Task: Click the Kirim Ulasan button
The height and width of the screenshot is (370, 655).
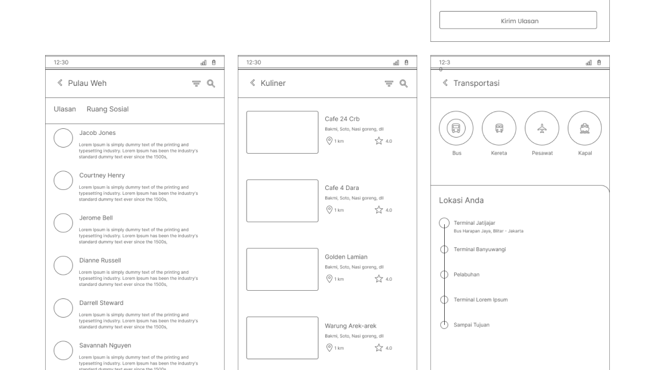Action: (x=518, y=20)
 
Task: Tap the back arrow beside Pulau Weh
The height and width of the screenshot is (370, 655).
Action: (x=60, y=83)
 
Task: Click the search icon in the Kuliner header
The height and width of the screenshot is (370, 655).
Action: (x=403, y=84)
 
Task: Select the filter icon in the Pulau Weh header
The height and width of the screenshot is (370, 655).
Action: (x=197, y=84)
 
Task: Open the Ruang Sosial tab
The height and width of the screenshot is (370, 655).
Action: (x=107, y=109)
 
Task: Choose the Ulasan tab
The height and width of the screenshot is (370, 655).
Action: (x=65, y=109)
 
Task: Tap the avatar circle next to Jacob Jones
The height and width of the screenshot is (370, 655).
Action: (x=63, y=138)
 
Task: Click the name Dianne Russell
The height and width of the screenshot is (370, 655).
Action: (x=100, y=260)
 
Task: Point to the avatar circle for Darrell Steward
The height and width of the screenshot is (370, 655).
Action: (x=63, y=308)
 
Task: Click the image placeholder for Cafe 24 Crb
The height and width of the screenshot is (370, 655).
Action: (x=282, y=132)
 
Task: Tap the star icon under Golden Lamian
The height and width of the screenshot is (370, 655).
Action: (x=379, y=279)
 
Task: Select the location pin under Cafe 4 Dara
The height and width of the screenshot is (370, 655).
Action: (x=329, y=210)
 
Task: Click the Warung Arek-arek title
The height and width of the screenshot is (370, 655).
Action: (x=351, y=326)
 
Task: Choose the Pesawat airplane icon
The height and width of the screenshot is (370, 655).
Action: (x=542, y=128)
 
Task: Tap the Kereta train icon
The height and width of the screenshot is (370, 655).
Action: (x=499, y=128)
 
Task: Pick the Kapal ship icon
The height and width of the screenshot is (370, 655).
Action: (x=585, y=128)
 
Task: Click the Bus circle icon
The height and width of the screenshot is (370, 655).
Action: (x=456, y=128)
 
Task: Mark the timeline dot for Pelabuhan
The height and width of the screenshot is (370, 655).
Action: (x=444, y=275)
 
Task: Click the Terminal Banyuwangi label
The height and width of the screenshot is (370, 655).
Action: (x=479, y=249)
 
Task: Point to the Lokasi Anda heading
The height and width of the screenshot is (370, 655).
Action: (x=461, y=200)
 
